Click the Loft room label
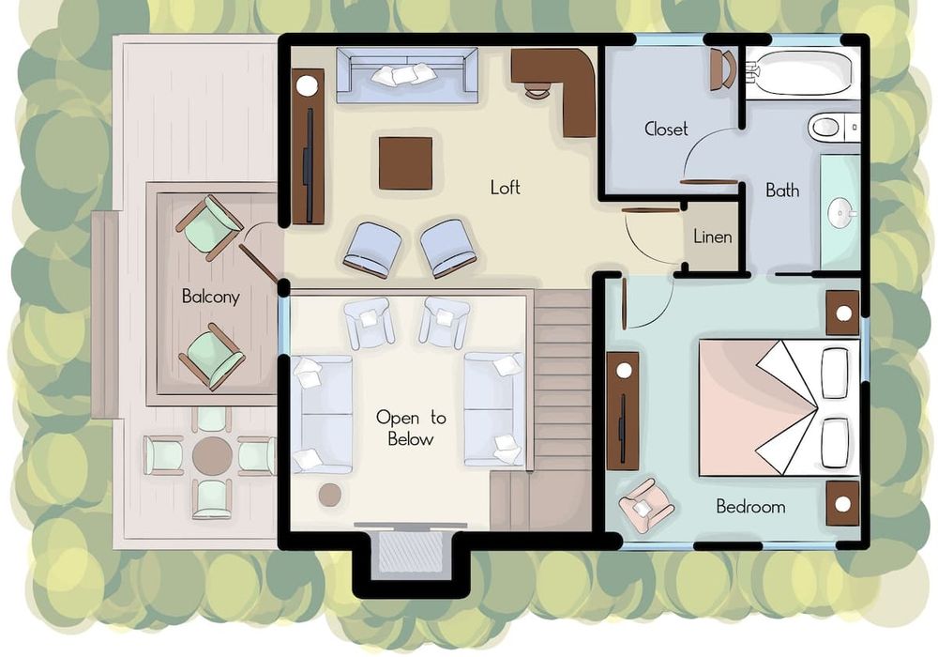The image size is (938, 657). coord(505,188)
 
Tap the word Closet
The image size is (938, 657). coord(666,129)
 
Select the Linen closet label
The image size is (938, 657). coord(713,237)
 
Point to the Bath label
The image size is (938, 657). coord(782,191)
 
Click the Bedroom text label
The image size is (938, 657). coord(750,507)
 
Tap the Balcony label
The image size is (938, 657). coord(210,297)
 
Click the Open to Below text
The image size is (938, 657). coord(411,428)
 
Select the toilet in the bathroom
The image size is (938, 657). coord(834,127)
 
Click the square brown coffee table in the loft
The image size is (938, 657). coord(405,163)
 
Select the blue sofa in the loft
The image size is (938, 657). coord(407,75)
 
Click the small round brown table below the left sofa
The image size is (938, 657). coord(330,495)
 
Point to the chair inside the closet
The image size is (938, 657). coord(723,69)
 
